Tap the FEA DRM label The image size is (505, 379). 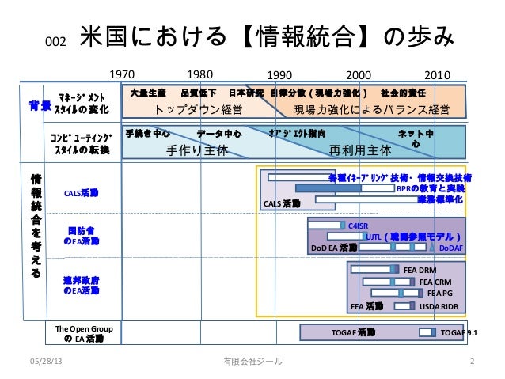coord(420,270)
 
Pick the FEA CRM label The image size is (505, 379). coord(435,282)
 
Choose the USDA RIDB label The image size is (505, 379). coord(439,305)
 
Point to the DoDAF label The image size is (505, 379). coord(451,248)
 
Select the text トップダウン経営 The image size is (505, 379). coord(198,109)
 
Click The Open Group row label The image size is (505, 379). coord(83,332)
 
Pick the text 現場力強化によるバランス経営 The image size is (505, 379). coord(371,109)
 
